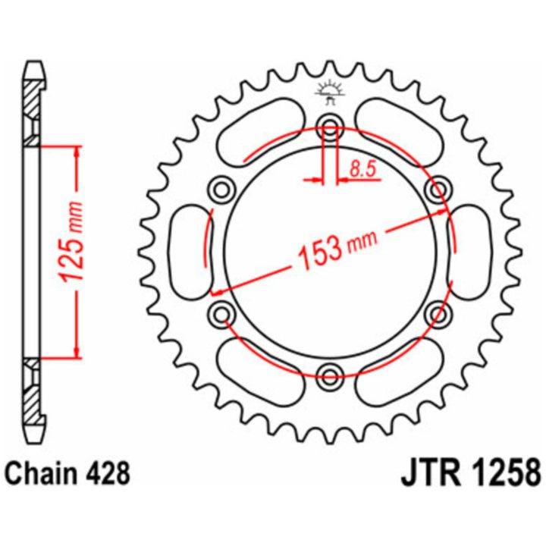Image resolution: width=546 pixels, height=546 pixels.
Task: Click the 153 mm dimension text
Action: pos(337,248)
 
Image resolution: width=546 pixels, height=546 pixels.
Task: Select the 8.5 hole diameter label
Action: pos(362,170)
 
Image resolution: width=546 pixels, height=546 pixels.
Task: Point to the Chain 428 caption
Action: pos(68,473)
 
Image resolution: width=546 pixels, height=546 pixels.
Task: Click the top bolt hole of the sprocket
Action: pos(329,126)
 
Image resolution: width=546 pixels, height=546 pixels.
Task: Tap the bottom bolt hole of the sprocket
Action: pos(329,375)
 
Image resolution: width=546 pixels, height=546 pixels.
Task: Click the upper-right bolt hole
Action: pos(438,190)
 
